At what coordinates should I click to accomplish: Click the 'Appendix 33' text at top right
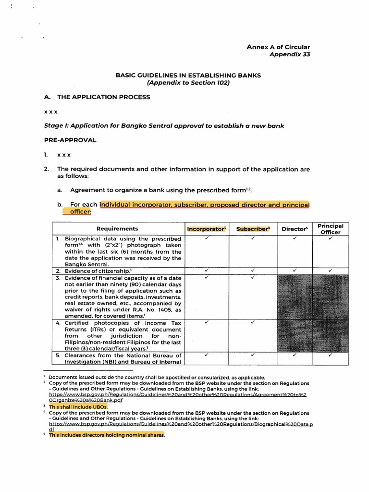click(290, 55)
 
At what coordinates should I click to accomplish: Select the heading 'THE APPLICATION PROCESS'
click(103, 97)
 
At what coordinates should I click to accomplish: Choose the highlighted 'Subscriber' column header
click(253, 229)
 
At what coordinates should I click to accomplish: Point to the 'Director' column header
click(294, 229)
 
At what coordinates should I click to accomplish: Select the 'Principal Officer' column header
click(330, 229)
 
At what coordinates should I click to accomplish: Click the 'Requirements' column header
click(117, 229)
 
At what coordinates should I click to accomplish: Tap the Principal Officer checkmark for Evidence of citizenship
click(330, 271)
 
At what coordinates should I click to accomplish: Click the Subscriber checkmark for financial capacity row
click(253, 277)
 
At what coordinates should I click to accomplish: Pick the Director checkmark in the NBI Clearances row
click(294, 355)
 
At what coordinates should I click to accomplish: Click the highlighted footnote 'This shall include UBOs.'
click(78, 406)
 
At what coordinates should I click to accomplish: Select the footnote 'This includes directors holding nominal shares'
click(107, 435)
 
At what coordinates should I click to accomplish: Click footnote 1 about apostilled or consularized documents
click(156, 378)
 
